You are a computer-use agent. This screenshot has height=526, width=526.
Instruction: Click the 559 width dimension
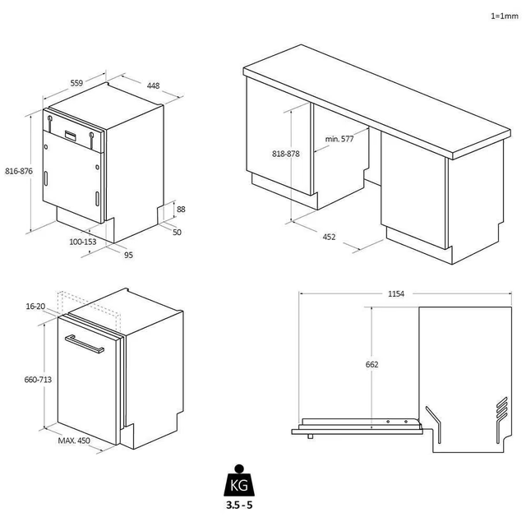(76, 83)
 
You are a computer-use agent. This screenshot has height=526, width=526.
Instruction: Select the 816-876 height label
(18, 171)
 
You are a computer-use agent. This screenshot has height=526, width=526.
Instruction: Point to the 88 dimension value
(181, 210)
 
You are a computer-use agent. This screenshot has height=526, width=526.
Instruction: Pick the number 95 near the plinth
(128, 255)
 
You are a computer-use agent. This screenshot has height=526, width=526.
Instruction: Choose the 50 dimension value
(178, 233)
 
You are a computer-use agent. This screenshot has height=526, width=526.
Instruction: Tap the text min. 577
(339, 139)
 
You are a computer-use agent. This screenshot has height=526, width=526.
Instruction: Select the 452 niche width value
(329, 237)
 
